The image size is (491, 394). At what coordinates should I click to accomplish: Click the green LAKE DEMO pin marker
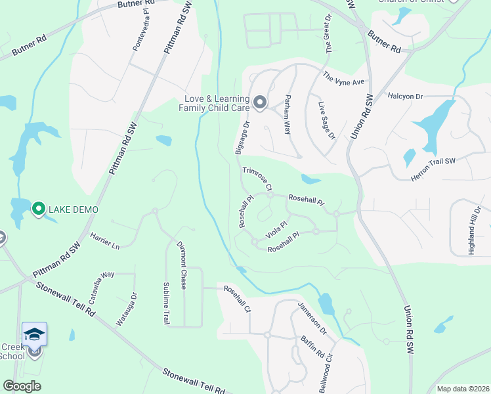pyautogui.click(x=38, y=209)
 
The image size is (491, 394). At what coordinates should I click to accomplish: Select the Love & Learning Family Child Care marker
pyautogui.click(x=260, y=102)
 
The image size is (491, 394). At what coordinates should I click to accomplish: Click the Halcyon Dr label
pyautogui.click(x=405, y=96)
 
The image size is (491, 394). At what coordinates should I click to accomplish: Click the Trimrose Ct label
pyautogui.click(x=257, y=179)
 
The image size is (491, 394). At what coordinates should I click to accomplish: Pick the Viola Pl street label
pyautogui.click(x=276, y=230)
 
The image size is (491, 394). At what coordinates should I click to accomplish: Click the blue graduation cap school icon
pyautogui.click(x=34, y=334)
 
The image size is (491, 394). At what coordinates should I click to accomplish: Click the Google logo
pyautogui.click(x=22, y=386)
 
